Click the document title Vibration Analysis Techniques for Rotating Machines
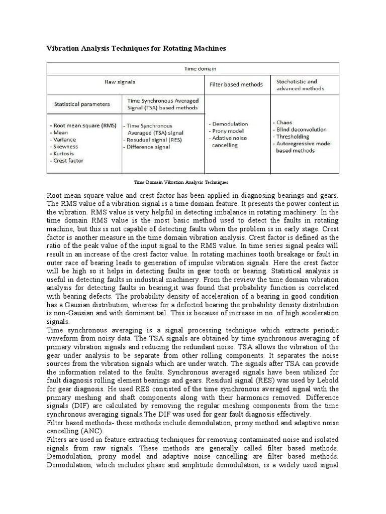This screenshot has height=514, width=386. click(136, 49)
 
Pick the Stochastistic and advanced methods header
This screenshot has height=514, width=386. click(300, 85)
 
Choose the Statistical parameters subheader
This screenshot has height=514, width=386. click(82, 104)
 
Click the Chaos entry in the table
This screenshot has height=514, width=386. click(284, 122)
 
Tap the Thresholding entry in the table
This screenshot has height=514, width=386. click(293, 137)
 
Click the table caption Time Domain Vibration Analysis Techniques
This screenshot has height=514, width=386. click(181, 182)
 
